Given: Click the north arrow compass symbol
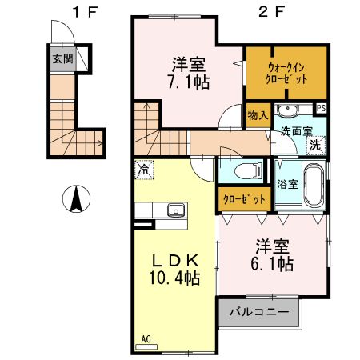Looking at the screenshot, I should coord(77,198).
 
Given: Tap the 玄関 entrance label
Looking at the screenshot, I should coord(62,58).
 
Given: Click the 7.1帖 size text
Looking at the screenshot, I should coord(188,80).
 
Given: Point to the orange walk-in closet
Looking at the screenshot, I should coord(286,74).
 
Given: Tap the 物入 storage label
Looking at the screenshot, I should coord(257,116).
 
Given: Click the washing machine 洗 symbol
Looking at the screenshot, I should coord(316,145).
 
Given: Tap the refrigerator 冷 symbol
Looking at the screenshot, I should coord(144,170).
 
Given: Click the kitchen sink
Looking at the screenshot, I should coord(174,210).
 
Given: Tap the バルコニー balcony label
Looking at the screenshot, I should coord(258,311).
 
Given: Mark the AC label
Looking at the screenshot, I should coord(146,338).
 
